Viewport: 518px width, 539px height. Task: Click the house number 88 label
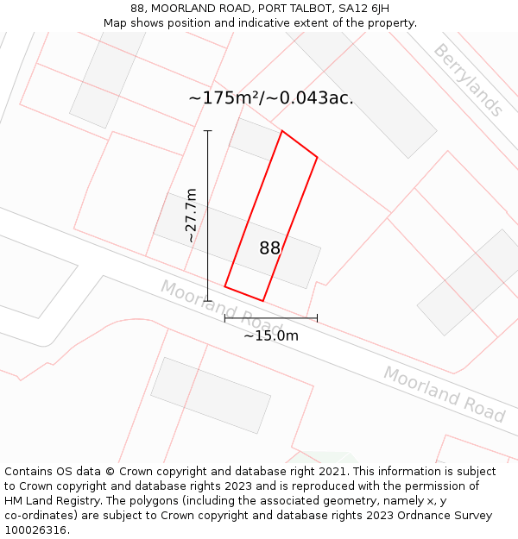tap(269, 248)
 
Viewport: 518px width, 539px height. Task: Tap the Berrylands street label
tap(467, 79)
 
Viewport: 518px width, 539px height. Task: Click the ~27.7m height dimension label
tap(191, 216)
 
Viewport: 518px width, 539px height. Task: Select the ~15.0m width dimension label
tap(270, 335)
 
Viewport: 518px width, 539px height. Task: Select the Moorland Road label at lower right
tap(444, 394)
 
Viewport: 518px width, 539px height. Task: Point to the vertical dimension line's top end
tap(207, 131)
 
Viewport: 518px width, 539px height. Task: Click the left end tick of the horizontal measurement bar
tap(225, 318)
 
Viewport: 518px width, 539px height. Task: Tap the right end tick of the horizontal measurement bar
tap(317, 318)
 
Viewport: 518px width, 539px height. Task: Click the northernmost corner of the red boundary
tap(282, 131)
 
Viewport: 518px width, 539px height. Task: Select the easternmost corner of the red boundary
tap(317, 157)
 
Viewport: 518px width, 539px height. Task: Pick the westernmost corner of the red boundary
tap(225, 286)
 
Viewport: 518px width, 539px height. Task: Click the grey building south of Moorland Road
tap(211, 395)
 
